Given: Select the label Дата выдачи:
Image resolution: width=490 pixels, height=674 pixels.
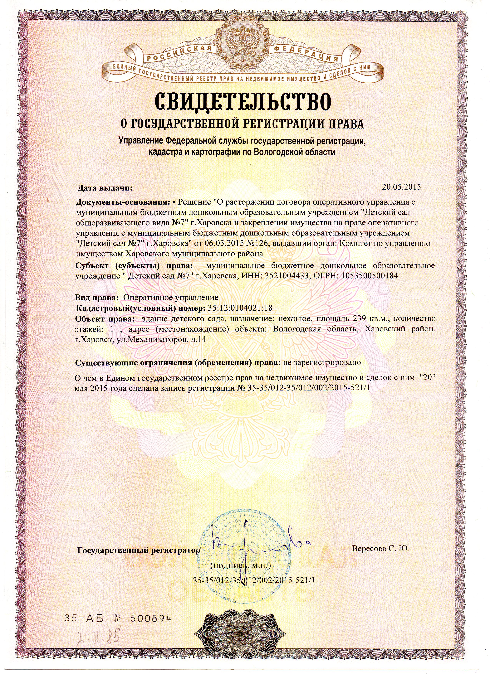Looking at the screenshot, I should (105, 188).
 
